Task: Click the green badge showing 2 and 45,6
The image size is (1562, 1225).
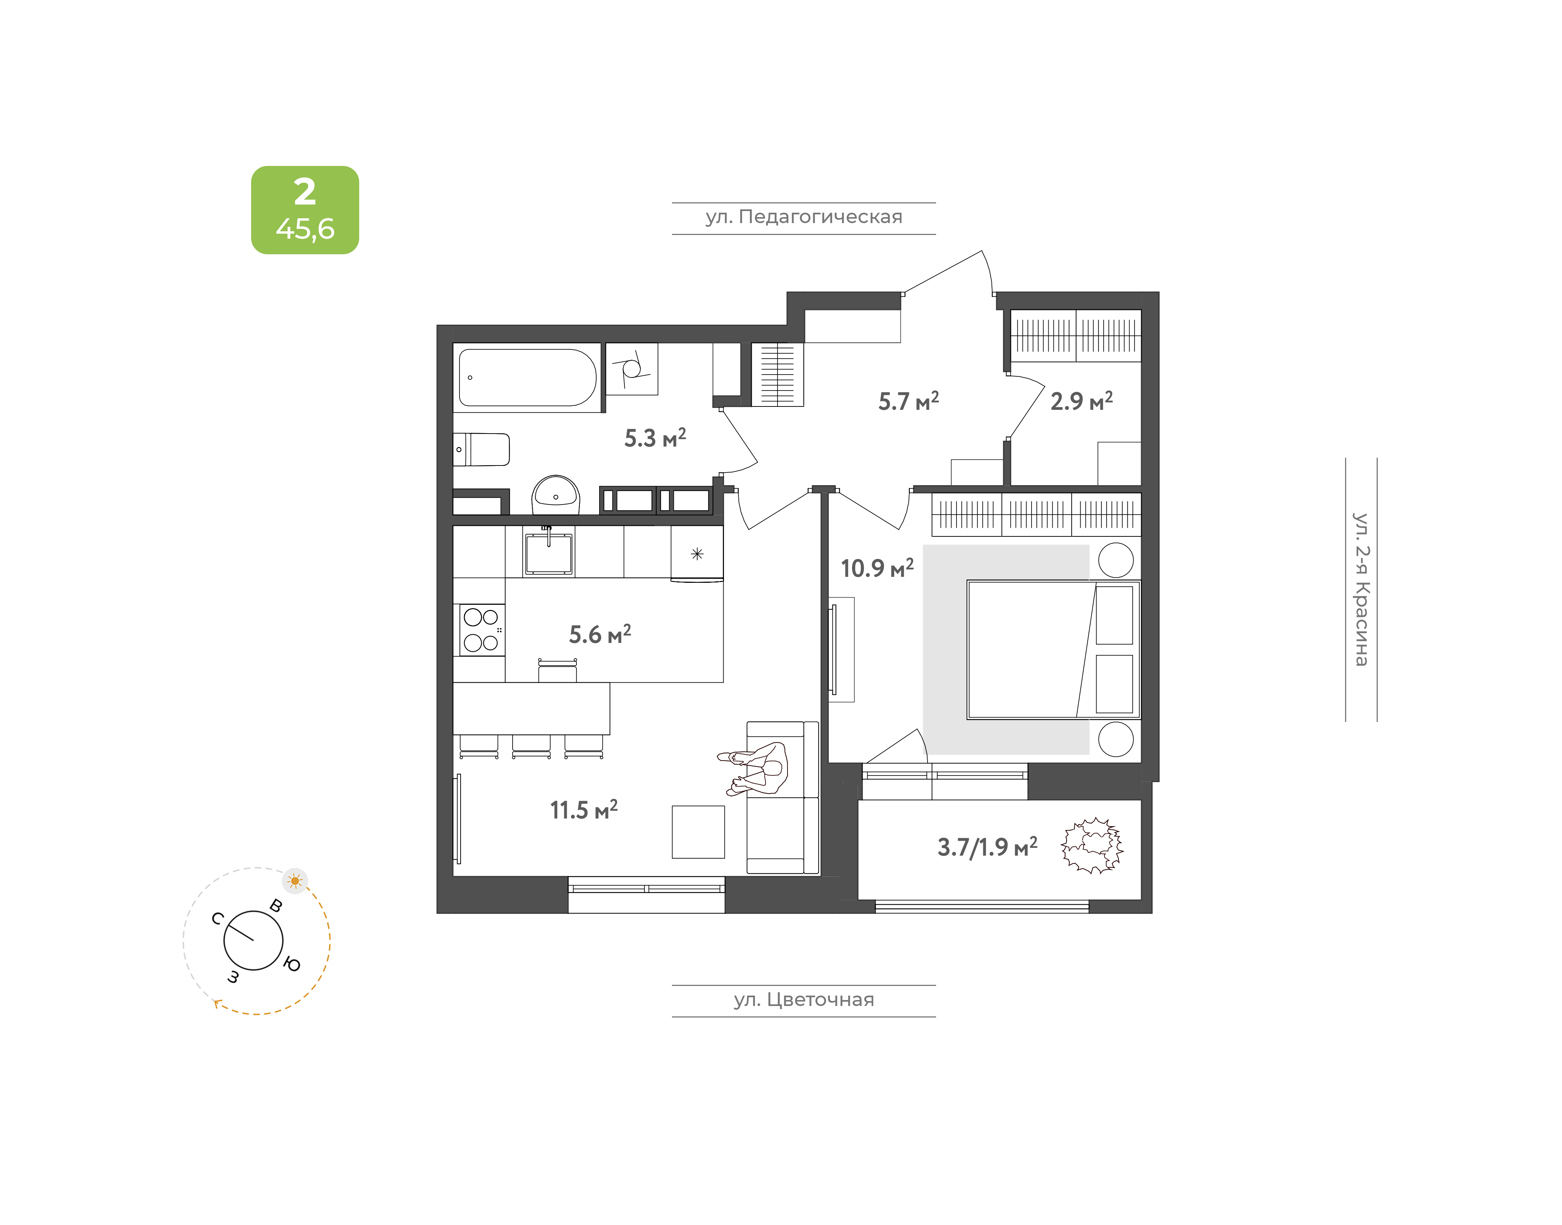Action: point(305,210)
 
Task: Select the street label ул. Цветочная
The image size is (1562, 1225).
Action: point(803,1000)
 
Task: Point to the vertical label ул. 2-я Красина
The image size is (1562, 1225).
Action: point(1361,589)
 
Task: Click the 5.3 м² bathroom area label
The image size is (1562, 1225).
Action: point(655,438)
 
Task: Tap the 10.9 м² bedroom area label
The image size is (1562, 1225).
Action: point(877,568)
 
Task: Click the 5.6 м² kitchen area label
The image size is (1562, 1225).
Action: point(600,634)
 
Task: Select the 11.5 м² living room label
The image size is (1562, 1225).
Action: point(583,810)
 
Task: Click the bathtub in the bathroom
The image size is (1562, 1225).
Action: point(527,377)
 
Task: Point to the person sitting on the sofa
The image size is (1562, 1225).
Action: point(753,769)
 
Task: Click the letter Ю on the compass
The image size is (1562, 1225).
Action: point(292,965)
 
